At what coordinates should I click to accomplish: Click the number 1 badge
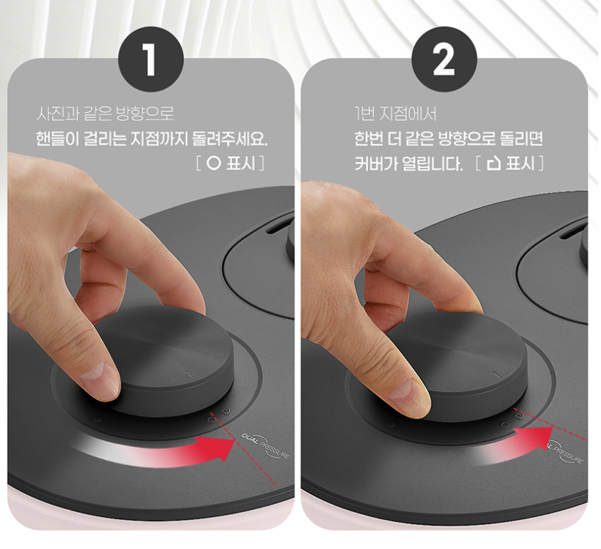coord(151,60)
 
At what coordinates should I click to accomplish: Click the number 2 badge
coord(444,60)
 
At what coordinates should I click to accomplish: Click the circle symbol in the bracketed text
coord(213,164)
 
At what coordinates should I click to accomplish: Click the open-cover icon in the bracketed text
coord(494,164)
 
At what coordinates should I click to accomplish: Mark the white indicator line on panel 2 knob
coord(496,374)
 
